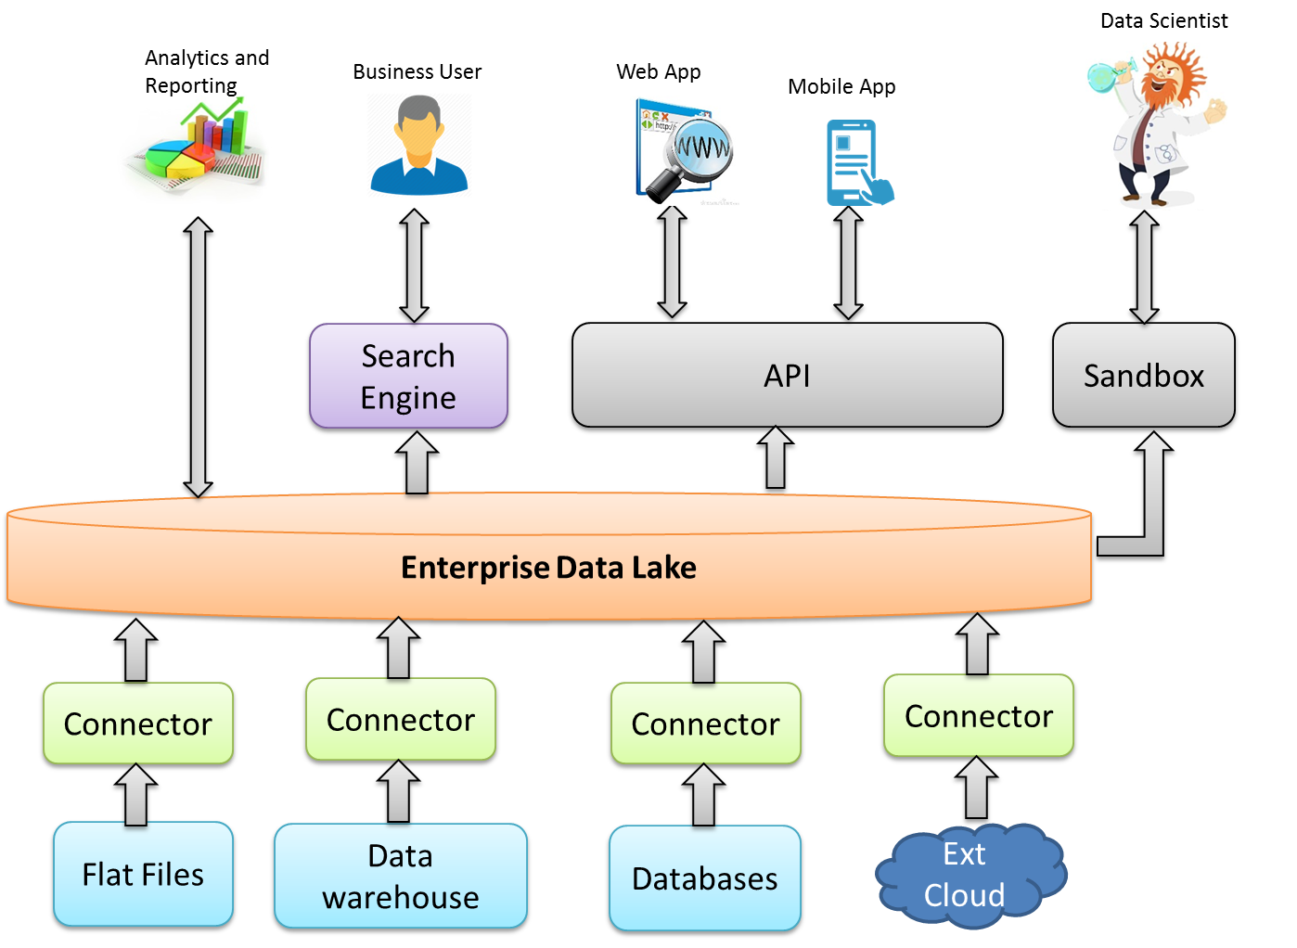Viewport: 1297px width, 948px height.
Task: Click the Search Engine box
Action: pos(408,377)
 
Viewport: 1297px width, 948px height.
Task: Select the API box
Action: pos(787,376)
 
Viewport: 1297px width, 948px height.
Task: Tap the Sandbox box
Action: pos(1143,376)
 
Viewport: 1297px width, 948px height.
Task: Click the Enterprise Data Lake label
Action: pos(548,568)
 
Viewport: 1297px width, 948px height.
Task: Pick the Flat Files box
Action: pos(143,875)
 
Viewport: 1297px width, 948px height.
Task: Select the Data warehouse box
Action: pos(401,877)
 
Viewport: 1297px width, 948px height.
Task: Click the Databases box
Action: pos(704,878)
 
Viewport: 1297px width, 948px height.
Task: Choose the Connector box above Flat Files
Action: pos(138,724)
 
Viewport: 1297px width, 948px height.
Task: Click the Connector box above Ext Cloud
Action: pos(979,717)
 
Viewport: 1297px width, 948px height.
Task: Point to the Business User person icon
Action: pos(419,145)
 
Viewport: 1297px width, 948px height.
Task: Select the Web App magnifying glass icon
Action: pos(685,150)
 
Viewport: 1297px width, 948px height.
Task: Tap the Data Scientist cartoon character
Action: pos(1156,126)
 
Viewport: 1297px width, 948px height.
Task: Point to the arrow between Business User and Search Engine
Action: pos(414,264)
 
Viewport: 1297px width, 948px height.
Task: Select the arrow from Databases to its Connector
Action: pos(703,796)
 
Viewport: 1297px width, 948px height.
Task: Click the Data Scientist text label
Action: pos(1163,20)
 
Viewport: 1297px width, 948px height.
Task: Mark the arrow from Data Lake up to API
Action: pos(775,460)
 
